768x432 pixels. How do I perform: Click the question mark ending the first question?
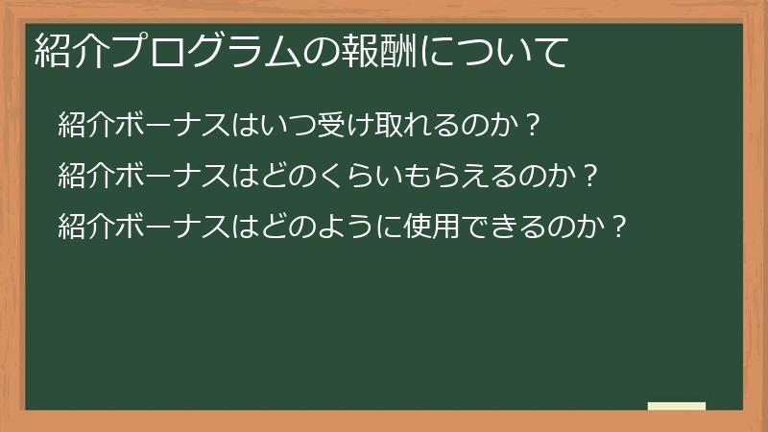[x=534, y=125]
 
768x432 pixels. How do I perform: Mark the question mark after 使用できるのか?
[x=619, y=227]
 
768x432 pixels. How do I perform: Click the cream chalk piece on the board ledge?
[x=676, y=407]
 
